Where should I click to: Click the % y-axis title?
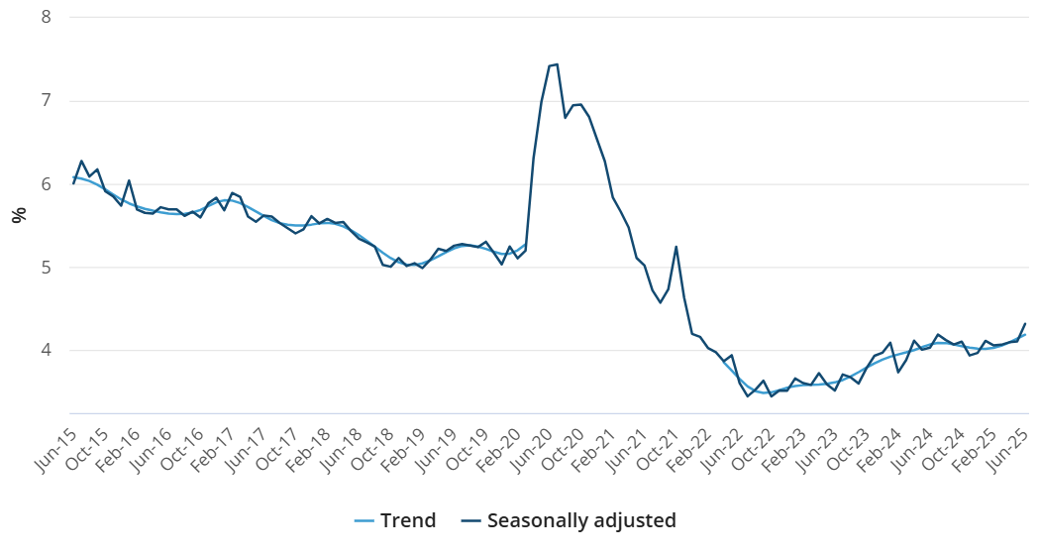[x=18, y=215]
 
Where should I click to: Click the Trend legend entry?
[x=395, y=520]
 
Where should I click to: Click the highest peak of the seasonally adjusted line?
[x=557, y=64]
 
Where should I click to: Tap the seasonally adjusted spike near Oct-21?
[x=675, y=247]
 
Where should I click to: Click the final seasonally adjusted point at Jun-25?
[x=1024, y=324]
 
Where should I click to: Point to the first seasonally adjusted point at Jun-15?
[x=73, y=183]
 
